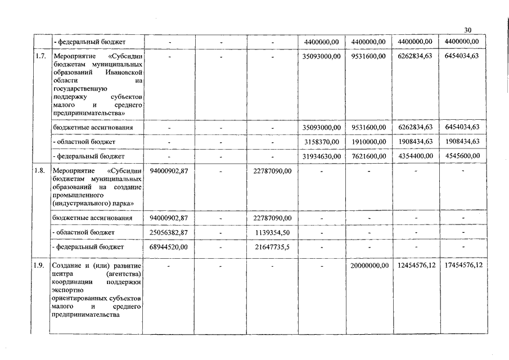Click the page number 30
click(468, 30)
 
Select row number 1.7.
click(40, 56)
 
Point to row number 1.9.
click(40, 265)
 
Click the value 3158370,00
click(321, 142)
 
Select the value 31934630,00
click(321, 156)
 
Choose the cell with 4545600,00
click(462, 156)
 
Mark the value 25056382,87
click(169, 232)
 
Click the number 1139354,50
click(272, 232)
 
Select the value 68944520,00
click(169, 246)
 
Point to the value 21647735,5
click(272, 246)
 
